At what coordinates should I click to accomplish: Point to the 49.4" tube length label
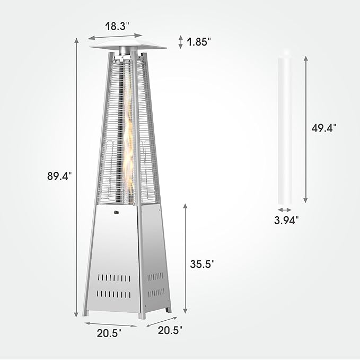pyautogui.click(x=324, y=127)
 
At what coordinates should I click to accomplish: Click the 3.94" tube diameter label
pyautogui.click(x=287, y=219)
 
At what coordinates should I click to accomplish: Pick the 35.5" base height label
pyautogui.click(x=203, y=264)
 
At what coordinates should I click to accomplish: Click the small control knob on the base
pyautogui.click(x=117, y=214)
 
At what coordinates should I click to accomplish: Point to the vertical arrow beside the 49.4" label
pyautogui.click(x=306, y=127)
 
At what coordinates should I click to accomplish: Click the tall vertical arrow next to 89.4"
pyautogui.click(x=77, y=178)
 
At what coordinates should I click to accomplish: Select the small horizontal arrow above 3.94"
pyautogui.click(x=285, y=210)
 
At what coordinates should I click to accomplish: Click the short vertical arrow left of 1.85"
pyautogui.click(x=181, y=41)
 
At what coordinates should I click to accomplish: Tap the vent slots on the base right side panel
pyautogui.click(x=156, y=284)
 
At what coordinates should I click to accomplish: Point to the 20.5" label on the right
pyautogui.click(x=170, y=330)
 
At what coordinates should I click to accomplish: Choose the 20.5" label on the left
pyautogui.click(x=109, y=332)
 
